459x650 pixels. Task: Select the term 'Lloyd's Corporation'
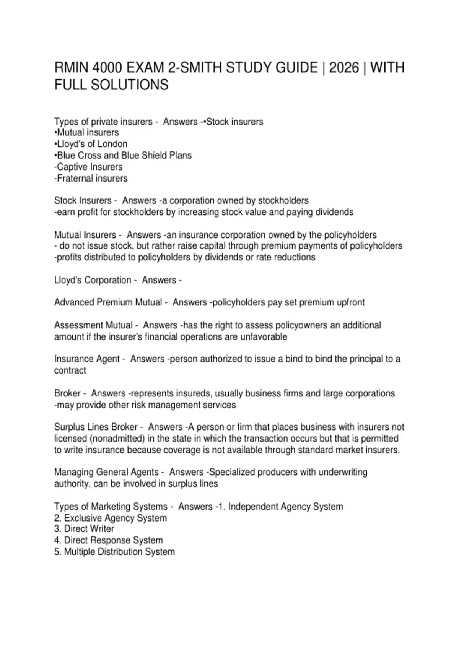point(93,280)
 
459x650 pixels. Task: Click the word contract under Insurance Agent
point(70,370)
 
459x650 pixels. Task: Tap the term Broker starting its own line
point(67,393)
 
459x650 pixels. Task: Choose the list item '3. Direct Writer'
point(84,529)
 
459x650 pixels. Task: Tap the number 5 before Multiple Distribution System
point(57,552)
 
